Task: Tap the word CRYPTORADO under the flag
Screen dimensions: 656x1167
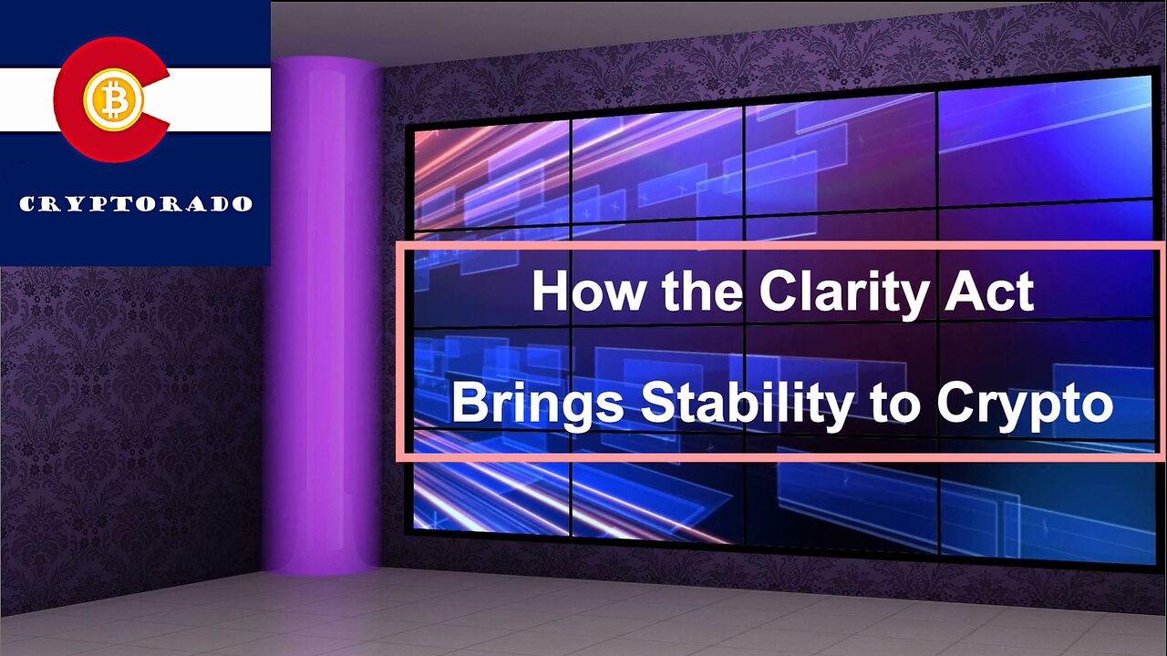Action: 135,203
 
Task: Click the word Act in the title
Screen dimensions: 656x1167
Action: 993,291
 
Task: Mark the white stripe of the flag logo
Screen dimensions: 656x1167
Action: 219,99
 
